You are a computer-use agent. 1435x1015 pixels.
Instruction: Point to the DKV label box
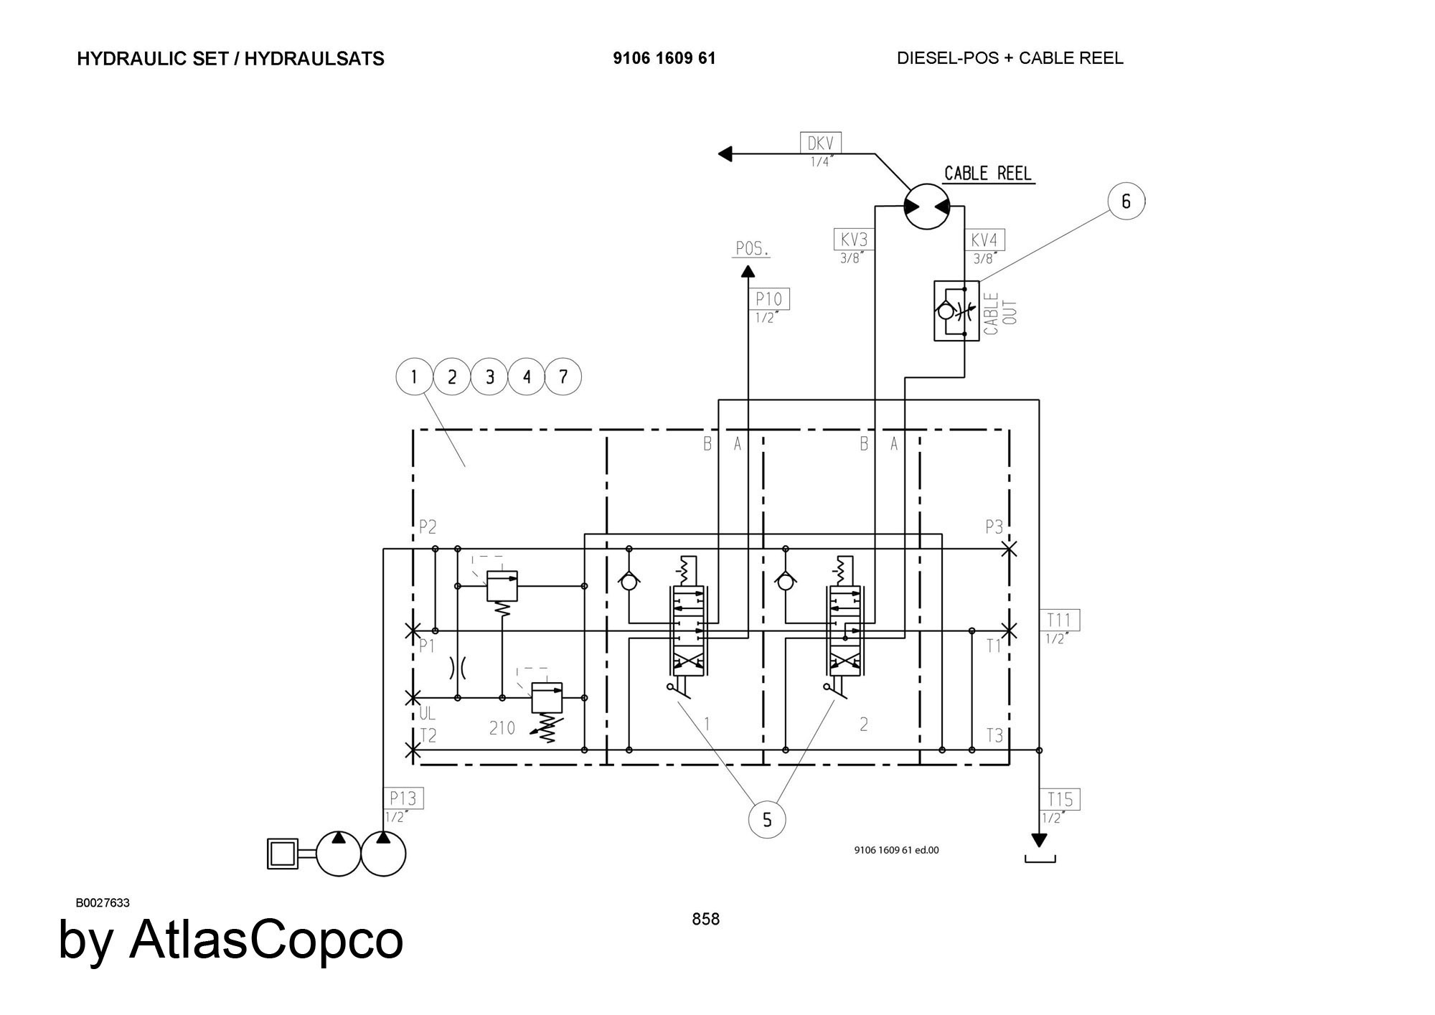pos(821,143)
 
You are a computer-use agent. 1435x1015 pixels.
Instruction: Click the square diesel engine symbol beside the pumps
pos(283,854)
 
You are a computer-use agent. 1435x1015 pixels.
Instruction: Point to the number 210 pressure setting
pos(502,729)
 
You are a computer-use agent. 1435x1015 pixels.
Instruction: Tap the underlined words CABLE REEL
pos(988,174)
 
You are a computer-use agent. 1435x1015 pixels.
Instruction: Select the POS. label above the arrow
pos(752,249)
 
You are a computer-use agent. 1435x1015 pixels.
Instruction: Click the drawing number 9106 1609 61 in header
pos(664,59)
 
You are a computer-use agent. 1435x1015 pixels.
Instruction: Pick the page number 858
pos(706,919)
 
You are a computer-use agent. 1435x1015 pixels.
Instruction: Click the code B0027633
pos(103,902)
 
